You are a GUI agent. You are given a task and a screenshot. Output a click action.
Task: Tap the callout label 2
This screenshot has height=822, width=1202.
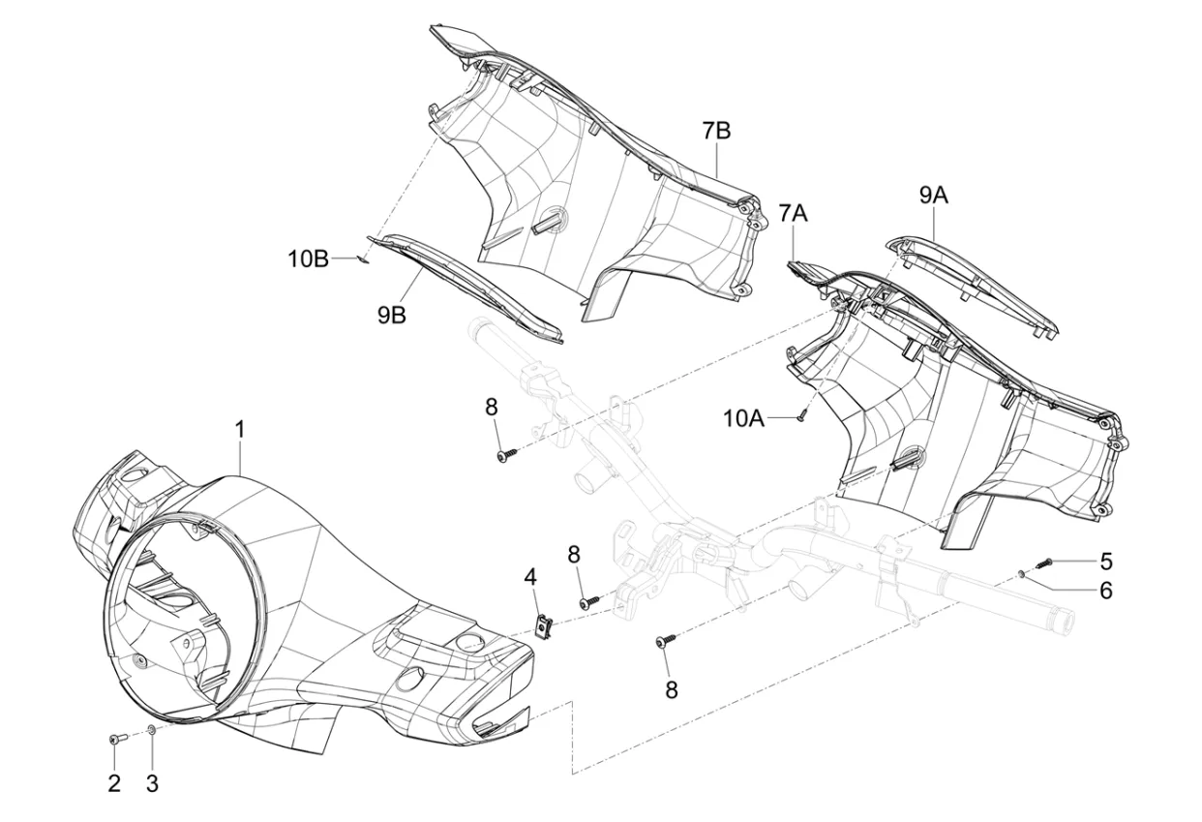click(114, 782)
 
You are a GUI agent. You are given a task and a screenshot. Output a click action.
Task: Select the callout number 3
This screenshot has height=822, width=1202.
click(152, 782)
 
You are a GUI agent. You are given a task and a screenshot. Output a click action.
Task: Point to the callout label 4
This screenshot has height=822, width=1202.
click(530, 577)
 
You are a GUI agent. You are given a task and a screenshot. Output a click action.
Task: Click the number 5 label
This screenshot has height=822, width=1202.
click(1106, 561)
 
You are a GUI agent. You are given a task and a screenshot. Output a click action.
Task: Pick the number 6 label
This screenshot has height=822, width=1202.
click(1106, 589)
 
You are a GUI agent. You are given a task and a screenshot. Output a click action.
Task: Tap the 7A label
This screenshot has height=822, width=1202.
click(793, 213)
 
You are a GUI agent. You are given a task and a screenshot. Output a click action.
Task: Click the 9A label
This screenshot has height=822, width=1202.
click(933, 197)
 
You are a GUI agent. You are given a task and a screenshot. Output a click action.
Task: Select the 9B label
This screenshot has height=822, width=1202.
click(391, 316)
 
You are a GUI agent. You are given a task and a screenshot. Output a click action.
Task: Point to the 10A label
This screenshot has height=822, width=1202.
click(770, 418)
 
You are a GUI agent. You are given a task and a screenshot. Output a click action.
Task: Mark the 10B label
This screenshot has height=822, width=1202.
click(308, 259)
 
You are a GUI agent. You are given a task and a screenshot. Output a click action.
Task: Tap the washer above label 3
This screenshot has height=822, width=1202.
click(152, 730)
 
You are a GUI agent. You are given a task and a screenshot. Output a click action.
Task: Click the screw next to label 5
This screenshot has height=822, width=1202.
click(1043, 562)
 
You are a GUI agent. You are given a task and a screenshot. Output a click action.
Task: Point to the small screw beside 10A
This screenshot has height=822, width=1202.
click(801, 415)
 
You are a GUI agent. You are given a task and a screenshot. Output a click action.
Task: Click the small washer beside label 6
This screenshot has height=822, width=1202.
click(1022, 574)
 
